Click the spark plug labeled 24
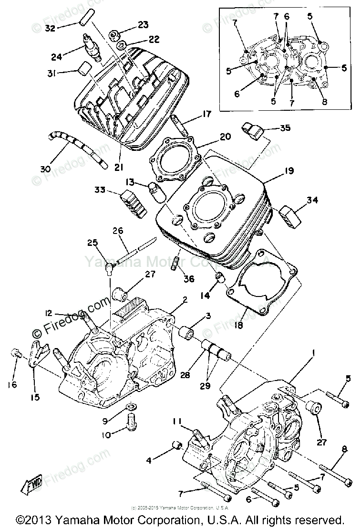pyautogui.click(x=92, y=48)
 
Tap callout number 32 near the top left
pyautogui.click(x=51, y=28)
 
